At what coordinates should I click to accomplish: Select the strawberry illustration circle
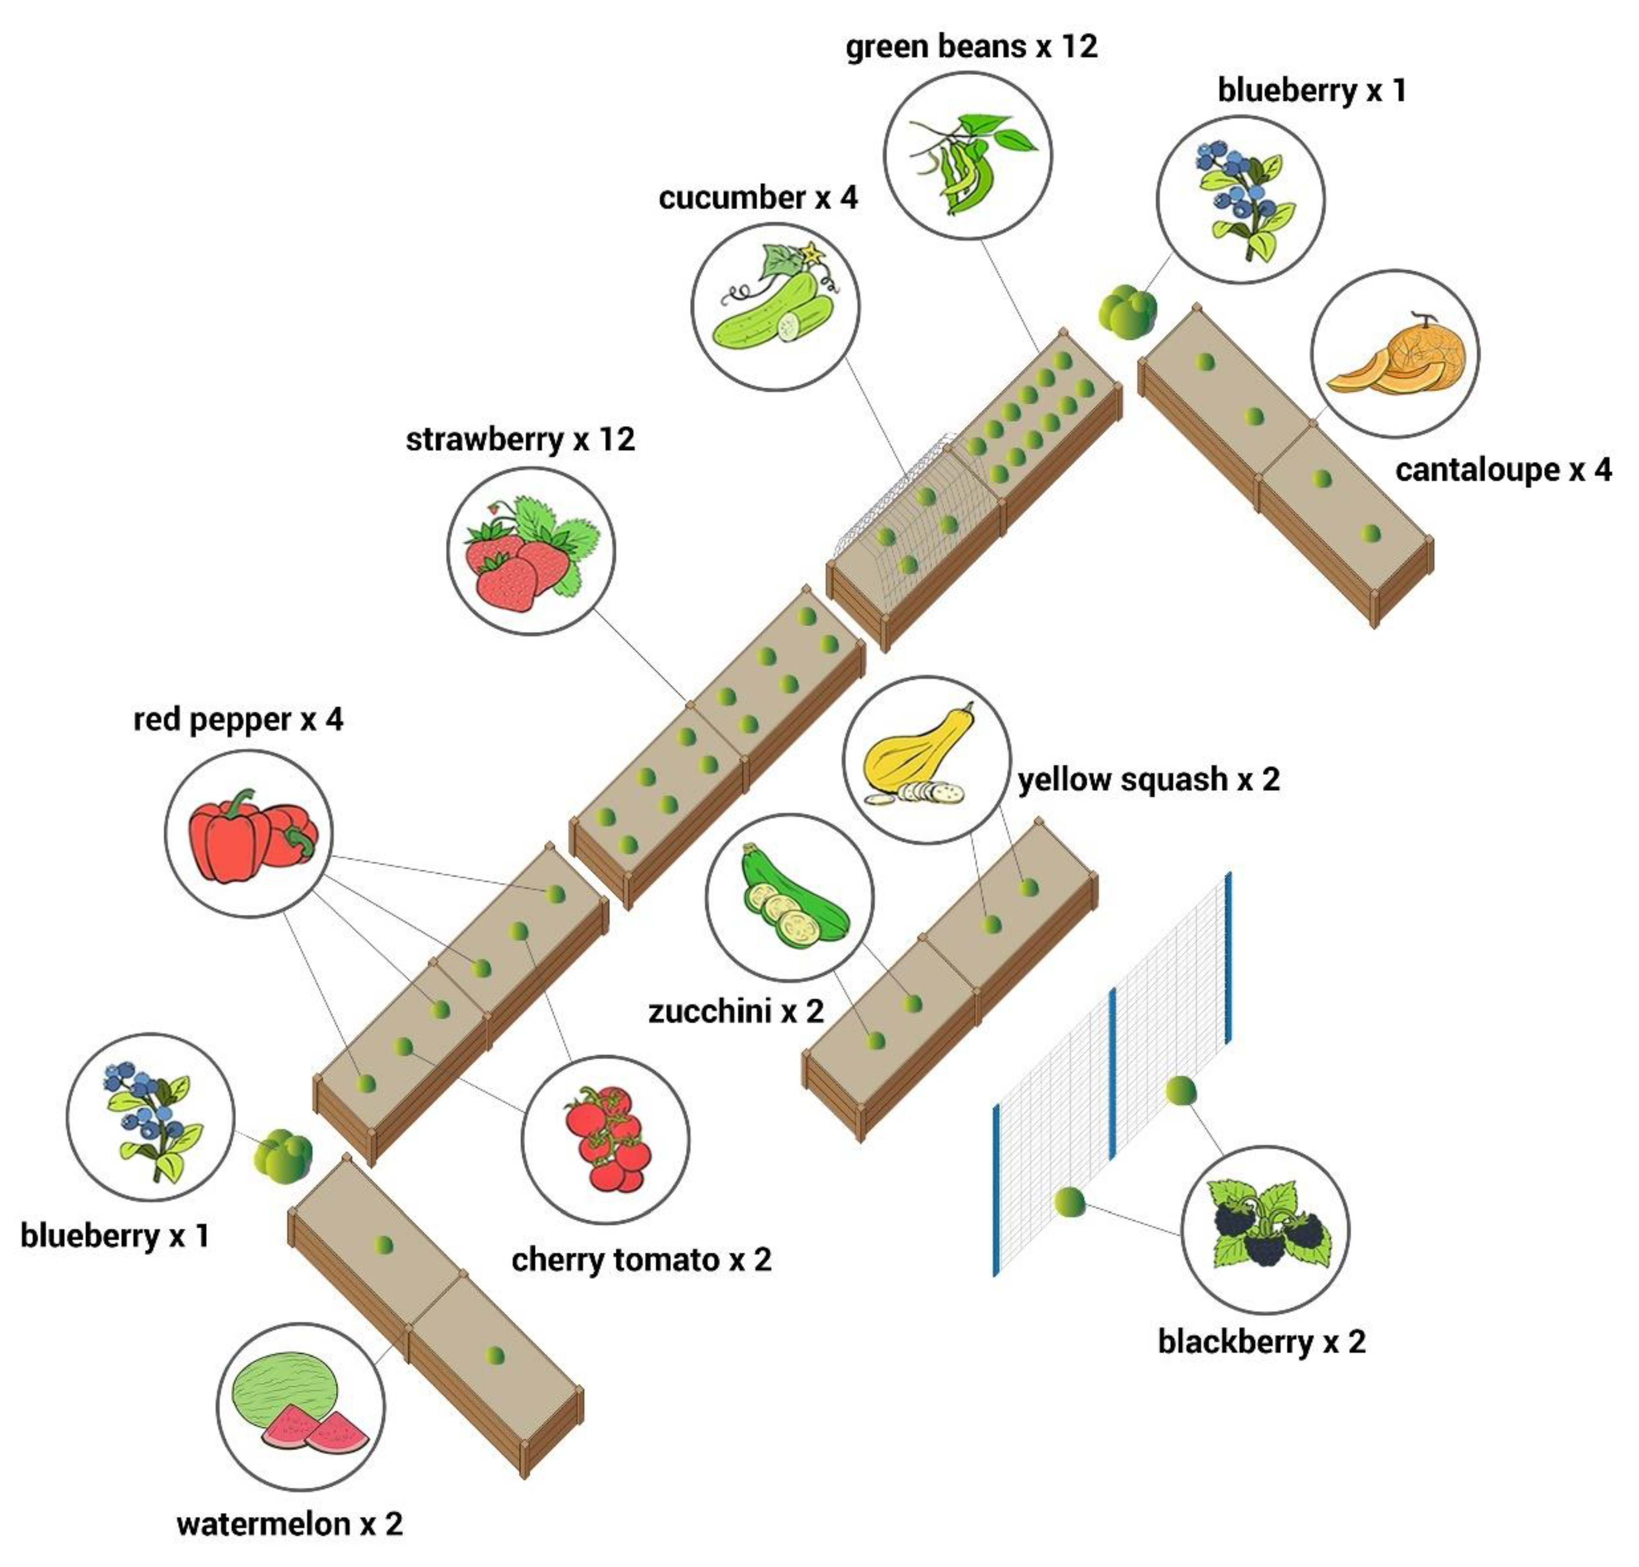(531, 551)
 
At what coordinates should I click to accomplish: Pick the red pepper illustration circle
(248, 833)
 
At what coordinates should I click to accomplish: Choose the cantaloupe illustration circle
(1394, 353)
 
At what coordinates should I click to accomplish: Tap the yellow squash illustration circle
(926, 759)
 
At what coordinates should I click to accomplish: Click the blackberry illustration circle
(1264, 1230)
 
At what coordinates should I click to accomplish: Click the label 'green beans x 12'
(971, 47)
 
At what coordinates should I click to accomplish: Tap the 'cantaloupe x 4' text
(1503, 470)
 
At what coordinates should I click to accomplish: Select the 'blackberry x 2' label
(1261, 1342)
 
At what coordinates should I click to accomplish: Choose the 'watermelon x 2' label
(290, 1524)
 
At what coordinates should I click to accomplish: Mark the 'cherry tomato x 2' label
(641, 1260)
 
